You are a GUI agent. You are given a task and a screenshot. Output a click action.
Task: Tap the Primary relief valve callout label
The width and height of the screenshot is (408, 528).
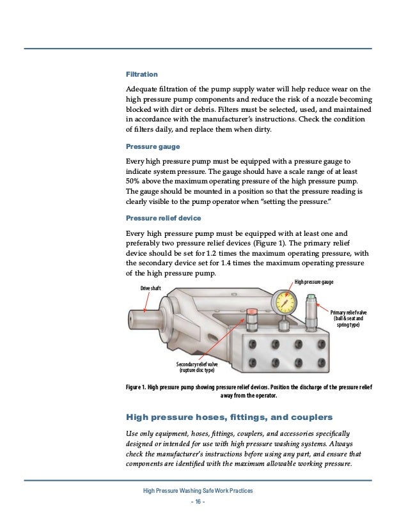349,318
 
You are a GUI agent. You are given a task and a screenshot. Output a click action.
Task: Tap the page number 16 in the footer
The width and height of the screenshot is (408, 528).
195,501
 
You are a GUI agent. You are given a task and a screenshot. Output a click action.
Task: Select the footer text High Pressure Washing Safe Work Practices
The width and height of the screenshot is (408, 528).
198,490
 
